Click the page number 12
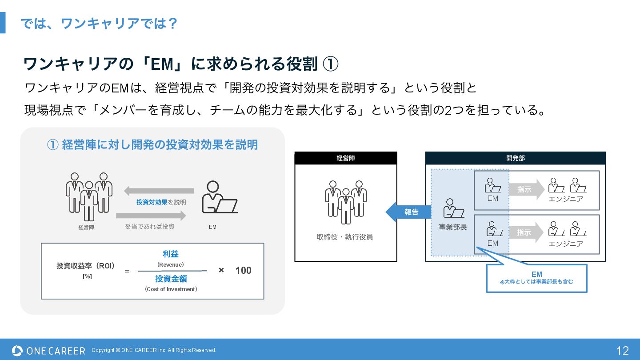pos(623,351)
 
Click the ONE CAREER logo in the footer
pos(48,351)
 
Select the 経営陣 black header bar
pos(345,158)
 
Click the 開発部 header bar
pos(515,158)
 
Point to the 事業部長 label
pos(453,227)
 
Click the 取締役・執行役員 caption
pos(345,237)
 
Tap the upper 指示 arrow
pos(526,190)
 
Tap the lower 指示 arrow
pos(526,232)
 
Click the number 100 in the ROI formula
pos(243,271)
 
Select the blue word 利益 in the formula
pos(171,254)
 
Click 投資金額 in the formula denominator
pos(171,279)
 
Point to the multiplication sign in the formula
pos(221,270)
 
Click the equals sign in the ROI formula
pos(127,271)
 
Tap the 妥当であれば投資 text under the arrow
pos(150,227)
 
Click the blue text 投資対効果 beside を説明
pos(152,202)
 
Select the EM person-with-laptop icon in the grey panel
pos(218,198)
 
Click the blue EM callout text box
pos(536,278)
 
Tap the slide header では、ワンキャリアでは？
pos(99,23)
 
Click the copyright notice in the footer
pos(154,350)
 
